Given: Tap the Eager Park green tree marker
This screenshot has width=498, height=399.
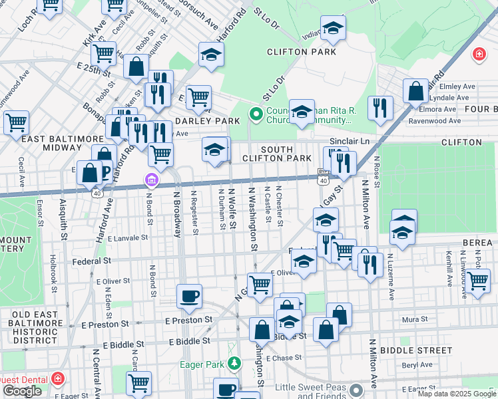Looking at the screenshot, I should (234, 363).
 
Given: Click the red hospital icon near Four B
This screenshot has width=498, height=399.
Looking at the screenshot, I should (478, 55).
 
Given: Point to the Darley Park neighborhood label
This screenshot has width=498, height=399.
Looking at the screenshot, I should (207, 121).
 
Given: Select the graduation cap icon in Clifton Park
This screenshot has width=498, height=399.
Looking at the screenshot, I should (333, 29).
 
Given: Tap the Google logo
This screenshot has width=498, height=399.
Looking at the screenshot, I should (22, 391).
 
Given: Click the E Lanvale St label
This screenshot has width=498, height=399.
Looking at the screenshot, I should (126, 237).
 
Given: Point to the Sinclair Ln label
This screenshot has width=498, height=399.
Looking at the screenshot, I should (350, 142).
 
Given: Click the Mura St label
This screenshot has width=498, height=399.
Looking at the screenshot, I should (415, 319).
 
